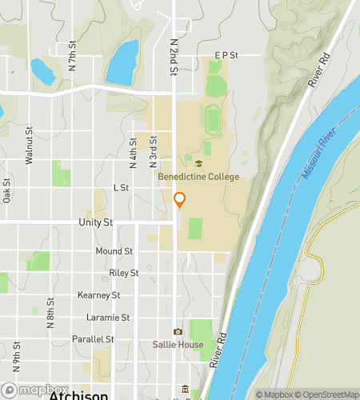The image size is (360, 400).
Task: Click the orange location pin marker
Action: point(179,200)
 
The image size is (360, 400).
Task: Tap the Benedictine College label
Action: point(198,177)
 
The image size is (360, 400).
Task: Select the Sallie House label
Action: point(178,345)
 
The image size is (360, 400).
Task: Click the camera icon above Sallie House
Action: point(178,332)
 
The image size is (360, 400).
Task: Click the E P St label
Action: point(227,55)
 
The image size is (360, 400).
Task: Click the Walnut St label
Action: point(29,146)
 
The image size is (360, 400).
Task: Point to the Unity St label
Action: point(96,222)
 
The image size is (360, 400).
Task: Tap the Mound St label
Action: point(114,251)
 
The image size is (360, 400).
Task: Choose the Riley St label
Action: point(123,273)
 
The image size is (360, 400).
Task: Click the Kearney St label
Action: point(98,295)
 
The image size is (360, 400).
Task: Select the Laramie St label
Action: point(107,318)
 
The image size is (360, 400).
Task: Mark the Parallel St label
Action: point(92,339)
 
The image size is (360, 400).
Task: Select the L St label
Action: point(121,187)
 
